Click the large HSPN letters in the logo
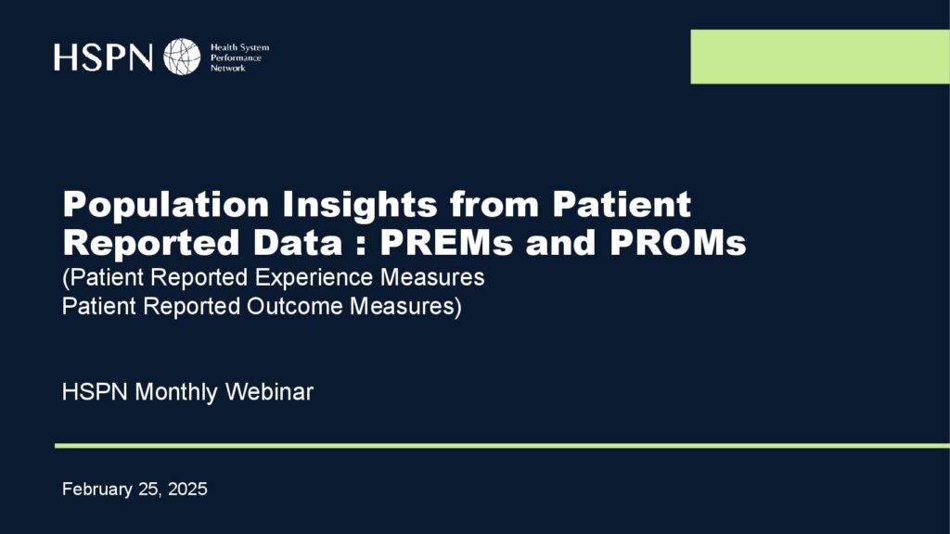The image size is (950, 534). pos(103,57)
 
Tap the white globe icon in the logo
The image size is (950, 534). pos(182,57)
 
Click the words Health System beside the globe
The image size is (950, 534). pos(239,47)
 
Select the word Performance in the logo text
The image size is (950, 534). pos(236,58)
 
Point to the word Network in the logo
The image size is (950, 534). pos(228,69)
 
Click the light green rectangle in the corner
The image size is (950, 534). pos(820,57)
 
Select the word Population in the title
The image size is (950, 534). pos(166,205)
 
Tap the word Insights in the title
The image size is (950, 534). pos(360,205)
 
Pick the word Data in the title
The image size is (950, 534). pos(298,243)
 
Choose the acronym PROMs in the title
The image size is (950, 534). pos(678,243)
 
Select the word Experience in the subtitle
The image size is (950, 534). pos(314,278)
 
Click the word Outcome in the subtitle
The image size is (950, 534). pos(295,306)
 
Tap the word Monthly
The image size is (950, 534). pos(175,392)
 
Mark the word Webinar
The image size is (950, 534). pos(269,392)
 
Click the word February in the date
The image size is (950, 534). pos(96,489)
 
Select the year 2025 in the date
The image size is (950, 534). pos(187,489)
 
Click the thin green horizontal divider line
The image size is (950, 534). pos(502,446)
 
